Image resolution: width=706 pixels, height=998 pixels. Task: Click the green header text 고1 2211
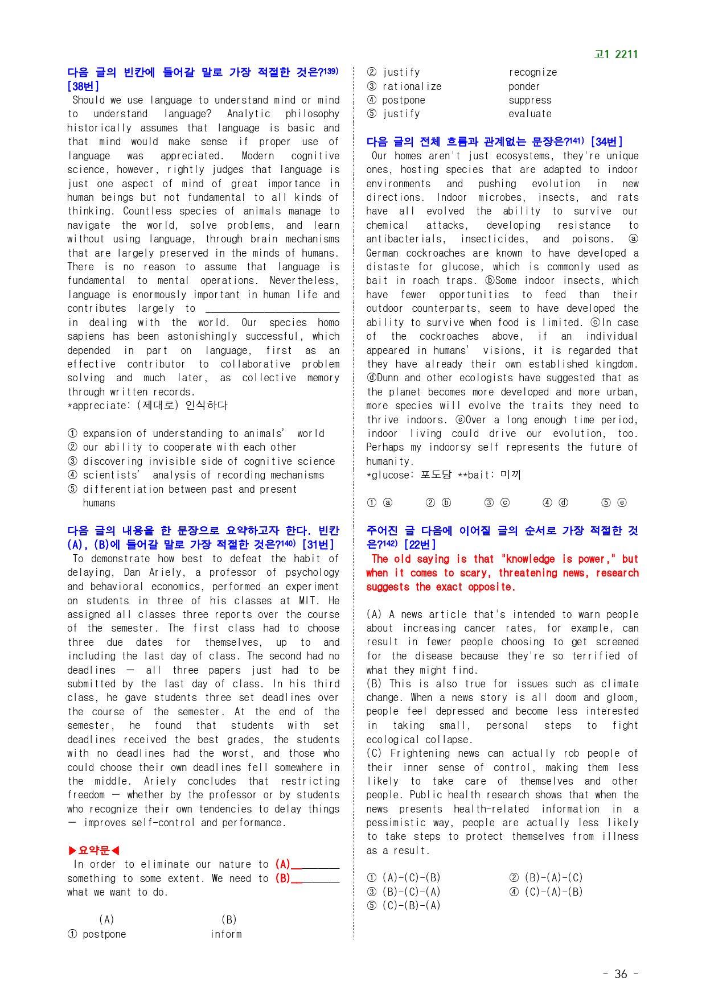(615, 54)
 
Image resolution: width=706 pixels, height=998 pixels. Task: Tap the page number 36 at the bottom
(621, 974)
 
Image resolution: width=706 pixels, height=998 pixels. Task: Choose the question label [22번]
(420, 545)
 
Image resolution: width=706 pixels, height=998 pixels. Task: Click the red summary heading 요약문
(94, 851)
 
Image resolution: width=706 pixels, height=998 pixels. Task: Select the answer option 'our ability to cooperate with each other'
(190, 447)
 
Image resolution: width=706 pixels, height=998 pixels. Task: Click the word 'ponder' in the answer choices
(524, 86)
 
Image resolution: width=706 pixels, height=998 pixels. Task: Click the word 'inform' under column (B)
(226, 934)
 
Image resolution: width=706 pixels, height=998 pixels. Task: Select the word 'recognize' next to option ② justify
(532, 72)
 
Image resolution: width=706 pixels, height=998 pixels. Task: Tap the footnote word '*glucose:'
(390, 475)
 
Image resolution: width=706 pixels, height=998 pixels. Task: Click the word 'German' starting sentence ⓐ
(382, 253)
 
